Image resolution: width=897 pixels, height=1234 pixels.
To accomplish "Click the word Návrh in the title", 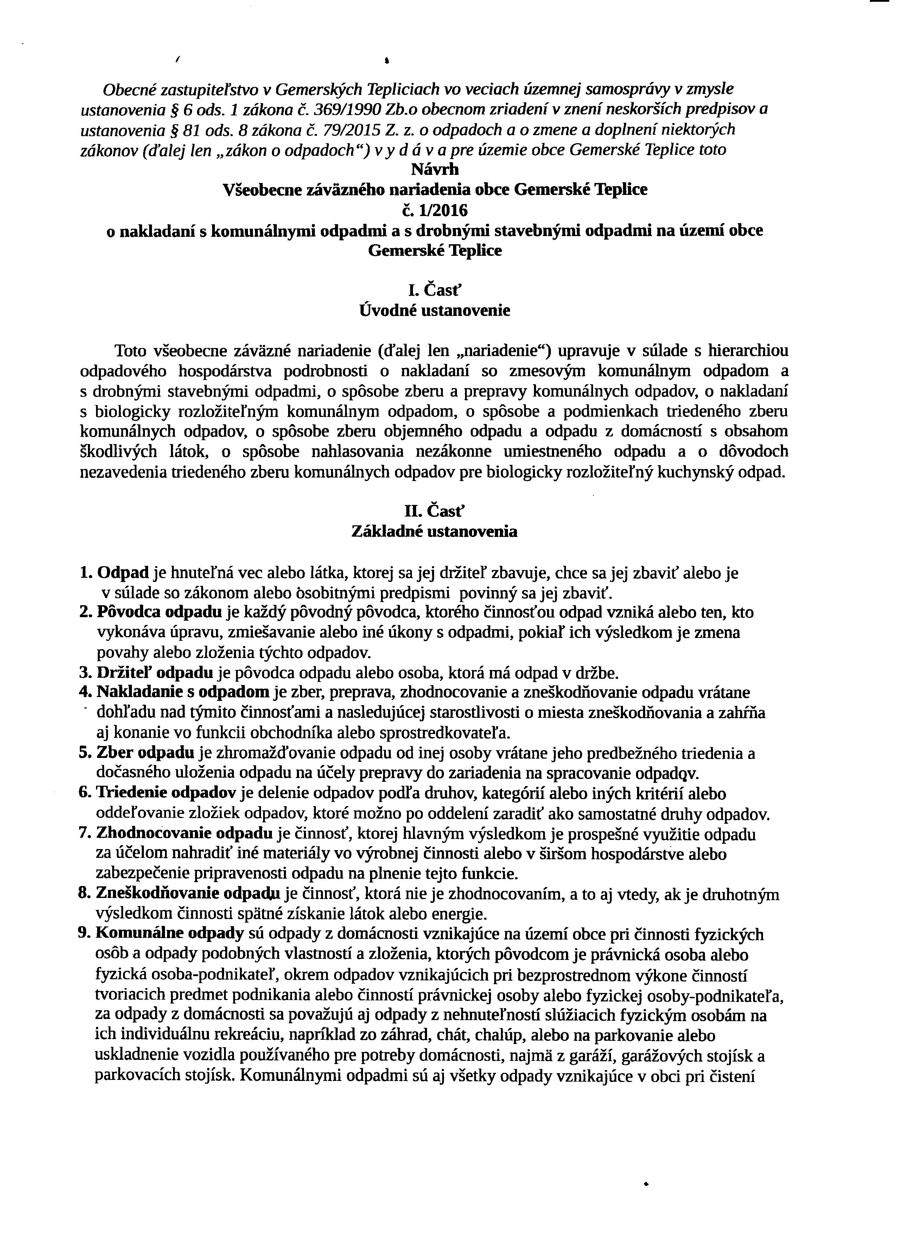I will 435,170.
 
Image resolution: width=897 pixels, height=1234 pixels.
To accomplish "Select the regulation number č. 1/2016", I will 435,210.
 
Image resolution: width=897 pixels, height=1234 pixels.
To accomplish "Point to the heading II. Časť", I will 435,512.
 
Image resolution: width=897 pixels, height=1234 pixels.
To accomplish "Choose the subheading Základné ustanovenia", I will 435,532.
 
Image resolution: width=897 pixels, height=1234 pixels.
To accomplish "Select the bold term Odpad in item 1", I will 123,572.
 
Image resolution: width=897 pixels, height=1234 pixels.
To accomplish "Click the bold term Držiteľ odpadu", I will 154,673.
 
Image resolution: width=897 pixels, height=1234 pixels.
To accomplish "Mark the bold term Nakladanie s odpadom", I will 183,692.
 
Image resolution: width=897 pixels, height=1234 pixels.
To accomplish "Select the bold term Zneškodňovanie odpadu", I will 188,894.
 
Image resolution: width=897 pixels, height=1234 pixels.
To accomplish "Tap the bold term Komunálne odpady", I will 169,934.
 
